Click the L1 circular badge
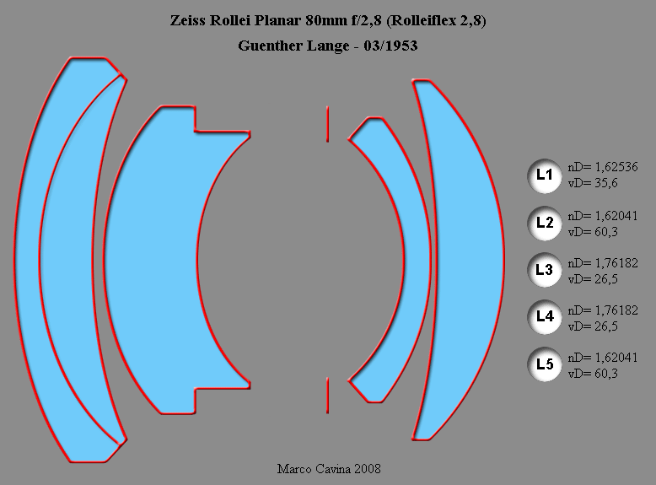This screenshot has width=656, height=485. tap(544, 175)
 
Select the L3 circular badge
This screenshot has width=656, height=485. tap(544, 270)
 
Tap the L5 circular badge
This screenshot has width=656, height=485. tap(544, 364)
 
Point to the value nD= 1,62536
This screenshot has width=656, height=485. tap(602, 167)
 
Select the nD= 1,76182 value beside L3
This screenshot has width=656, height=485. tap(602, 263)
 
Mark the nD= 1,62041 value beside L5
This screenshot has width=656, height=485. tap(602, 358)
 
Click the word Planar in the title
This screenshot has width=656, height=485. tap(278, 20)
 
